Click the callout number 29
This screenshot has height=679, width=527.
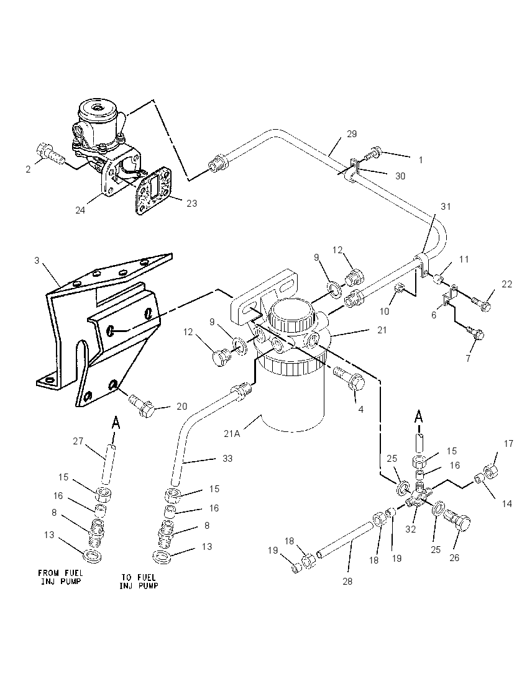point(352,134)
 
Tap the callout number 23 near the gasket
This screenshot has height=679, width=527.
point(191,203)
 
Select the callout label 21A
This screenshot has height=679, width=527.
point(232,433)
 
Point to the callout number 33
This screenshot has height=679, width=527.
point(227,458)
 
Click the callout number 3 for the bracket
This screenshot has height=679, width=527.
point(37,260)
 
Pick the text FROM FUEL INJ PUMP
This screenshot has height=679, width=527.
point(61,577)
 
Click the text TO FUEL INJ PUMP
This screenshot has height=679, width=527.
point(139,581)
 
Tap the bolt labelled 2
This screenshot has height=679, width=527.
point(51,154)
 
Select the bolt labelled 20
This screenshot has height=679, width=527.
point(141,404)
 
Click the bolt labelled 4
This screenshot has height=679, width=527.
point(350,377)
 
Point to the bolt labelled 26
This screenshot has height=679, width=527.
point(457,519)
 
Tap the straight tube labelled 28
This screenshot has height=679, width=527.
point(345,539)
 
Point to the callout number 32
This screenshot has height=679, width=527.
point(410,529)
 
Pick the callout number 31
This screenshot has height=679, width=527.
point(446,207)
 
